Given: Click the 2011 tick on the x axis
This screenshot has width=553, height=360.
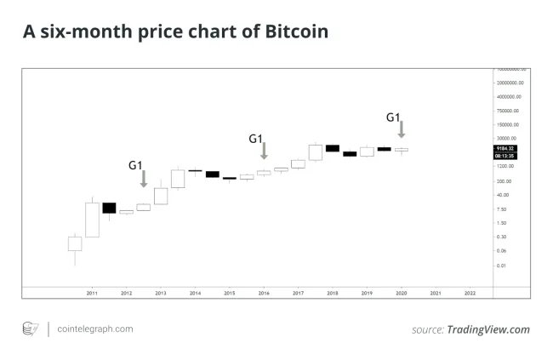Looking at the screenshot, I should click(92, 293).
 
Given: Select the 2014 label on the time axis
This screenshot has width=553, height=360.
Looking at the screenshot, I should click(195, 293).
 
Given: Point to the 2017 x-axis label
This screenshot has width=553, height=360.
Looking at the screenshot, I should click(298, 293).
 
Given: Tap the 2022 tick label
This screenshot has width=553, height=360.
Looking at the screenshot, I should click(470, 293).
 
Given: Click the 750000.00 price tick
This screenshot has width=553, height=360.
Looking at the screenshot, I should click(510, 111).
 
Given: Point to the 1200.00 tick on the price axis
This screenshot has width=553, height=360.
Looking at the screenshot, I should click(509, 167).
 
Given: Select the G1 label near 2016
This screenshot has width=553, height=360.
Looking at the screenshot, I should click(255, 138).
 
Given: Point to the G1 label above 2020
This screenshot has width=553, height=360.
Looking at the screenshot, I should click(393, 117).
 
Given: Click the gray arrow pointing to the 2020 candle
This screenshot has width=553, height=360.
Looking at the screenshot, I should click(401, 130).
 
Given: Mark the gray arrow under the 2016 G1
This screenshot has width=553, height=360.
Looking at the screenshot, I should click(264, 151).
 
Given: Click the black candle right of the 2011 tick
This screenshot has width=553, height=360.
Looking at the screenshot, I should click(109, 208).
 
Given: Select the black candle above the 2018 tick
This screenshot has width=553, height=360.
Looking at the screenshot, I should click(333, 148).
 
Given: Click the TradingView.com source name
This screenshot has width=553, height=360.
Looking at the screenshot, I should click(487, 329).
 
